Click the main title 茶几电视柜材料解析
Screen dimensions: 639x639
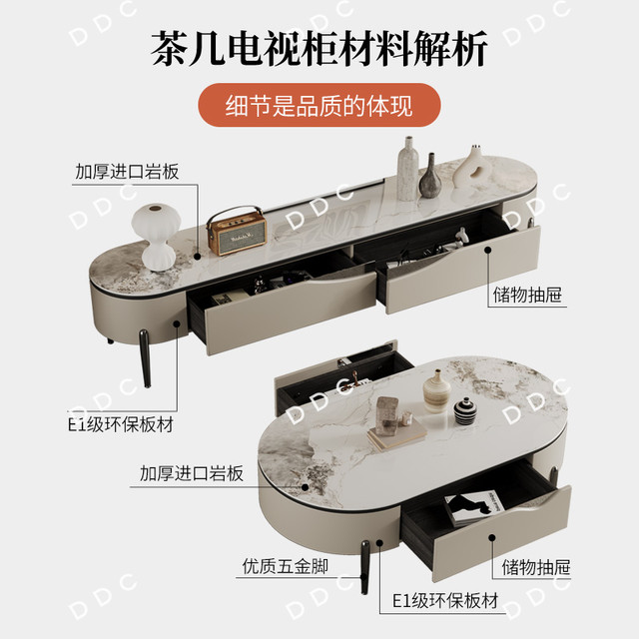pyautogui.click(x=319, y=49)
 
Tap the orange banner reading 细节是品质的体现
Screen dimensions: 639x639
pyautogui.click(x=319, y=105)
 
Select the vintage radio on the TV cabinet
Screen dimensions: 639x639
pyautogui.click(x=237, y=231)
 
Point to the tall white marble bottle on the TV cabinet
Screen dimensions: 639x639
pyautogui.click(x=407, y=169)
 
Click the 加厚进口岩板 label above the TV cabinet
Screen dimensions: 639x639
pyautogui.click(x=127, y=172)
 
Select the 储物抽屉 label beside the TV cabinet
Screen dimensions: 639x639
pyautogui.click(x=527, y=295)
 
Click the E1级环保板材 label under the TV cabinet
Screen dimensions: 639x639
pyautogui.click(x=121, y=424)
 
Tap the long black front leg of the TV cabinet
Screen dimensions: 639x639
pyautogui.click(x=145, y=358)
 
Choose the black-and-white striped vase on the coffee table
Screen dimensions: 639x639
pyautogui.click(x=465, y=410)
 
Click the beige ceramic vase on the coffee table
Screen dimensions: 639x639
pyautogui.click(x=437, y=391)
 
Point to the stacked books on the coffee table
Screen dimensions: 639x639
pyautogui.click(x=397, y=435)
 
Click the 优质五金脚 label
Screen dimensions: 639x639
pyautogui.click(x=286, y=566)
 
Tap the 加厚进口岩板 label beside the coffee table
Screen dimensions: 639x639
pyautogui.click(x=192, y=473)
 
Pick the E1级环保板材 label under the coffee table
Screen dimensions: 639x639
pyautogui.click(x=445, y=601)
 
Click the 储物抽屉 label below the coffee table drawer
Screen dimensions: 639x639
pyautogui.click(x=536, y=567)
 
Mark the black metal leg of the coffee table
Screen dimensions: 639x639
pyautogui.click(x=364, y=567)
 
